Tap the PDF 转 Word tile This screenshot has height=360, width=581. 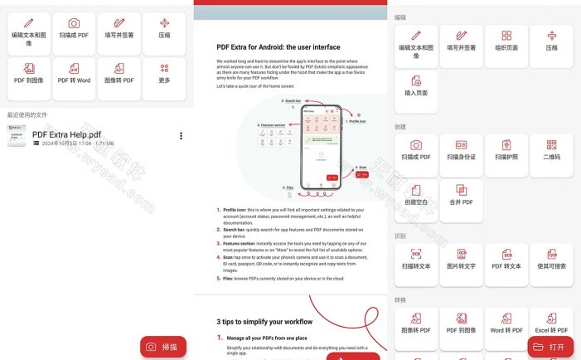tap(74, 79)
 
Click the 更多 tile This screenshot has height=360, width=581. tap(164, 79)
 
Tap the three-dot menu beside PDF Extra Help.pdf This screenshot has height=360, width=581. tap(181, 136)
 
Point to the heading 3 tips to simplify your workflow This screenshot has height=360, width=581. tap(264, 321)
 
